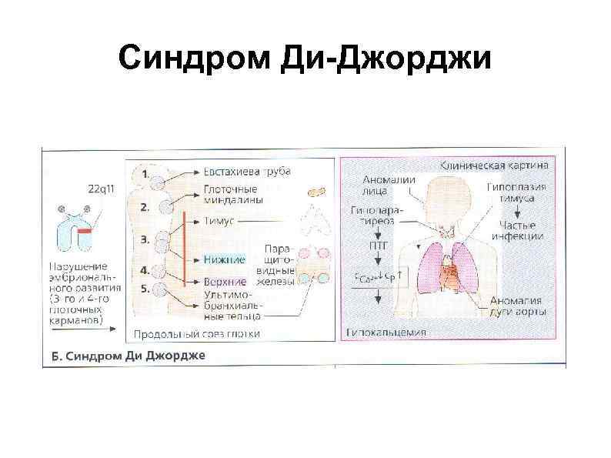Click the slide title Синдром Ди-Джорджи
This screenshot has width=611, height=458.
point(305,59)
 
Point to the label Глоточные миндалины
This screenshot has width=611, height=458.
point(234,193)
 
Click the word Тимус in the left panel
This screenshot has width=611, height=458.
point(219,220)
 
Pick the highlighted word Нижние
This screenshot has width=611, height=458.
point(224,260)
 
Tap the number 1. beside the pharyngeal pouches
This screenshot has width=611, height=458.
point(145,174)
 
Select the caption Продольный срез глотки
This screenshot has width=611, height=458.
point(196,334)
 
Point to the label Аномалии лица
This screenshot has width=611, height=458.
point(389,186)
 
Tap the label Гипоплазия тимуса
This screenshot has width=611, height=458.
point(516,192)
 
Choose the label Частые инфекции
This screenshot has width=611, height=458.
point(522,230)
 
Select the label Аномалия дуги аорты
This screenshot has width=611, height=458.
point(519,306)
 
